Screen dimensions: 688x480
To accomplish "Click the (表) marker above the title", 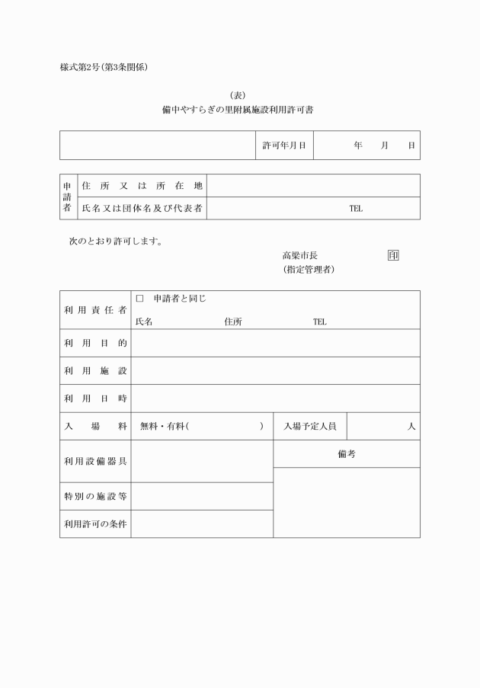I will point(239,94).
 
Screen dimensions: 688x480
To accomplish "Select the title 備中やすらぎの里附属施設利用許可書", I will point(239,110).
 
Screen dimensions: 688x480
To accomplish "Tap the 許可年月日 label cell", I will point(283,145).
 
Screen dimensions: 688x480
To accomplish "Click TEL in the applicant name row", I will point(356,209).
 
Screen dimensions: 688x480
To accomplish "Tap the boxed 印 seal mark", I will point(392,255).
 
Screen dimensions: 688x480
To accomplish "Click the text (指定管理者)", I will point(309,270).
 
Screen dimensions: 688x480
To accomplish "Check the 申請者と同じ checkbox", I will point(139,299).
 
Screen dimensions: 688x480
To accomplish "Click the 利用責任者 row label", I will point(94,310).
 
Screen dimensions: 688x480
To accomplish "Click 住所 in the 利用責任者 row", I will point(233,322).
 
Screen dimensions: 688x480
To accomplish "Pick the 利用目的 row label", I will point(94,344).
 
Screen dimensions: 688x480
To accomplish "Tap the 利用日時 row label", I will point(94,398).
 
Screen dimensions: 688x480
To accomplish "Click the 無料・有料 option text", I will point(163,427).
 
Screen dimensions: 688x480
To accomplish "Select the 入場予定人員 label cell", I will point(309,427).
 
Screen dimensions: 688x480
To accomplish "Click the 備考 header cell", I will point(346,454).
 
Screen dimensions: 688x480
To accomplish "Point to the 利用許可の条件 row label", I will point(94,524).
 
